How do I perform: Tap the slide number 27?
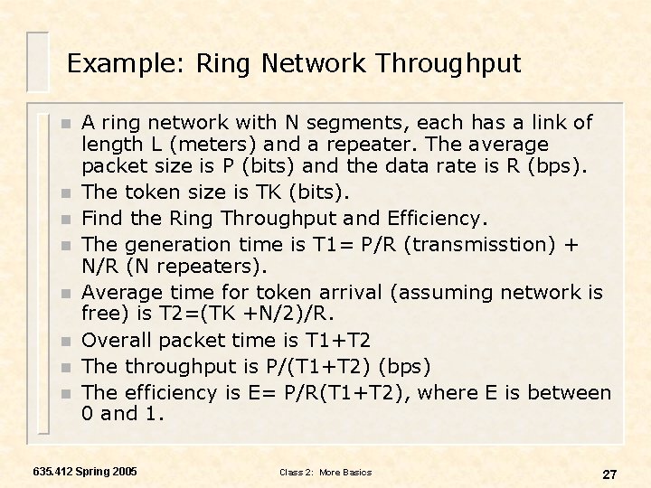point(609,474)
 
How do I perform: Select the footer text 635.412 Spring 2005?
point(85,472)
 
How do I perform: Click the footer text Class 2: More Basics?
point(325,473)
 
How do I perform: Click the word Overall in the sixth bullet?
point(116,340)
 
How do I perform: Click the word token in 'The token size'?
point(152,192)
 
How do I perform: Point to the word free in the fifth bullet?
point(98,314)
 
